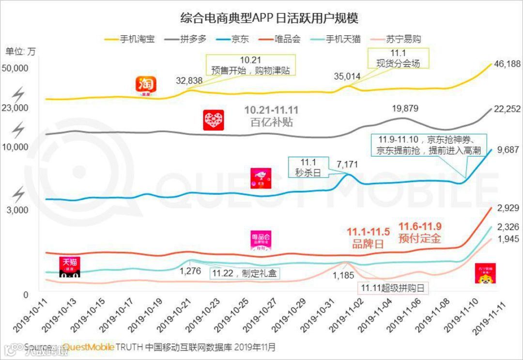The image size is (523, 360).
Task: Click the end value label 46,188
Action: tap(506, 64)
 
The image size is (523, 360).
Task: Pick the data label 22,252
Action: tap(506, 109)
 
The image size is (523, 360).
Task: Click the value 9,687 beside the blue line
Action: tap(508, 150)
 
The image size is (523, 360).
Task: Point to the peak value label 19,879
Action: tap(404, 108)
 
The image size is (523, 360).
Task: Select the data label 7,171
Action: tap(347, 165)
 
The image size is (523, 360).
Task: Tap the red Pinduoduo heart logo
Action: tap(214, 120)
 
